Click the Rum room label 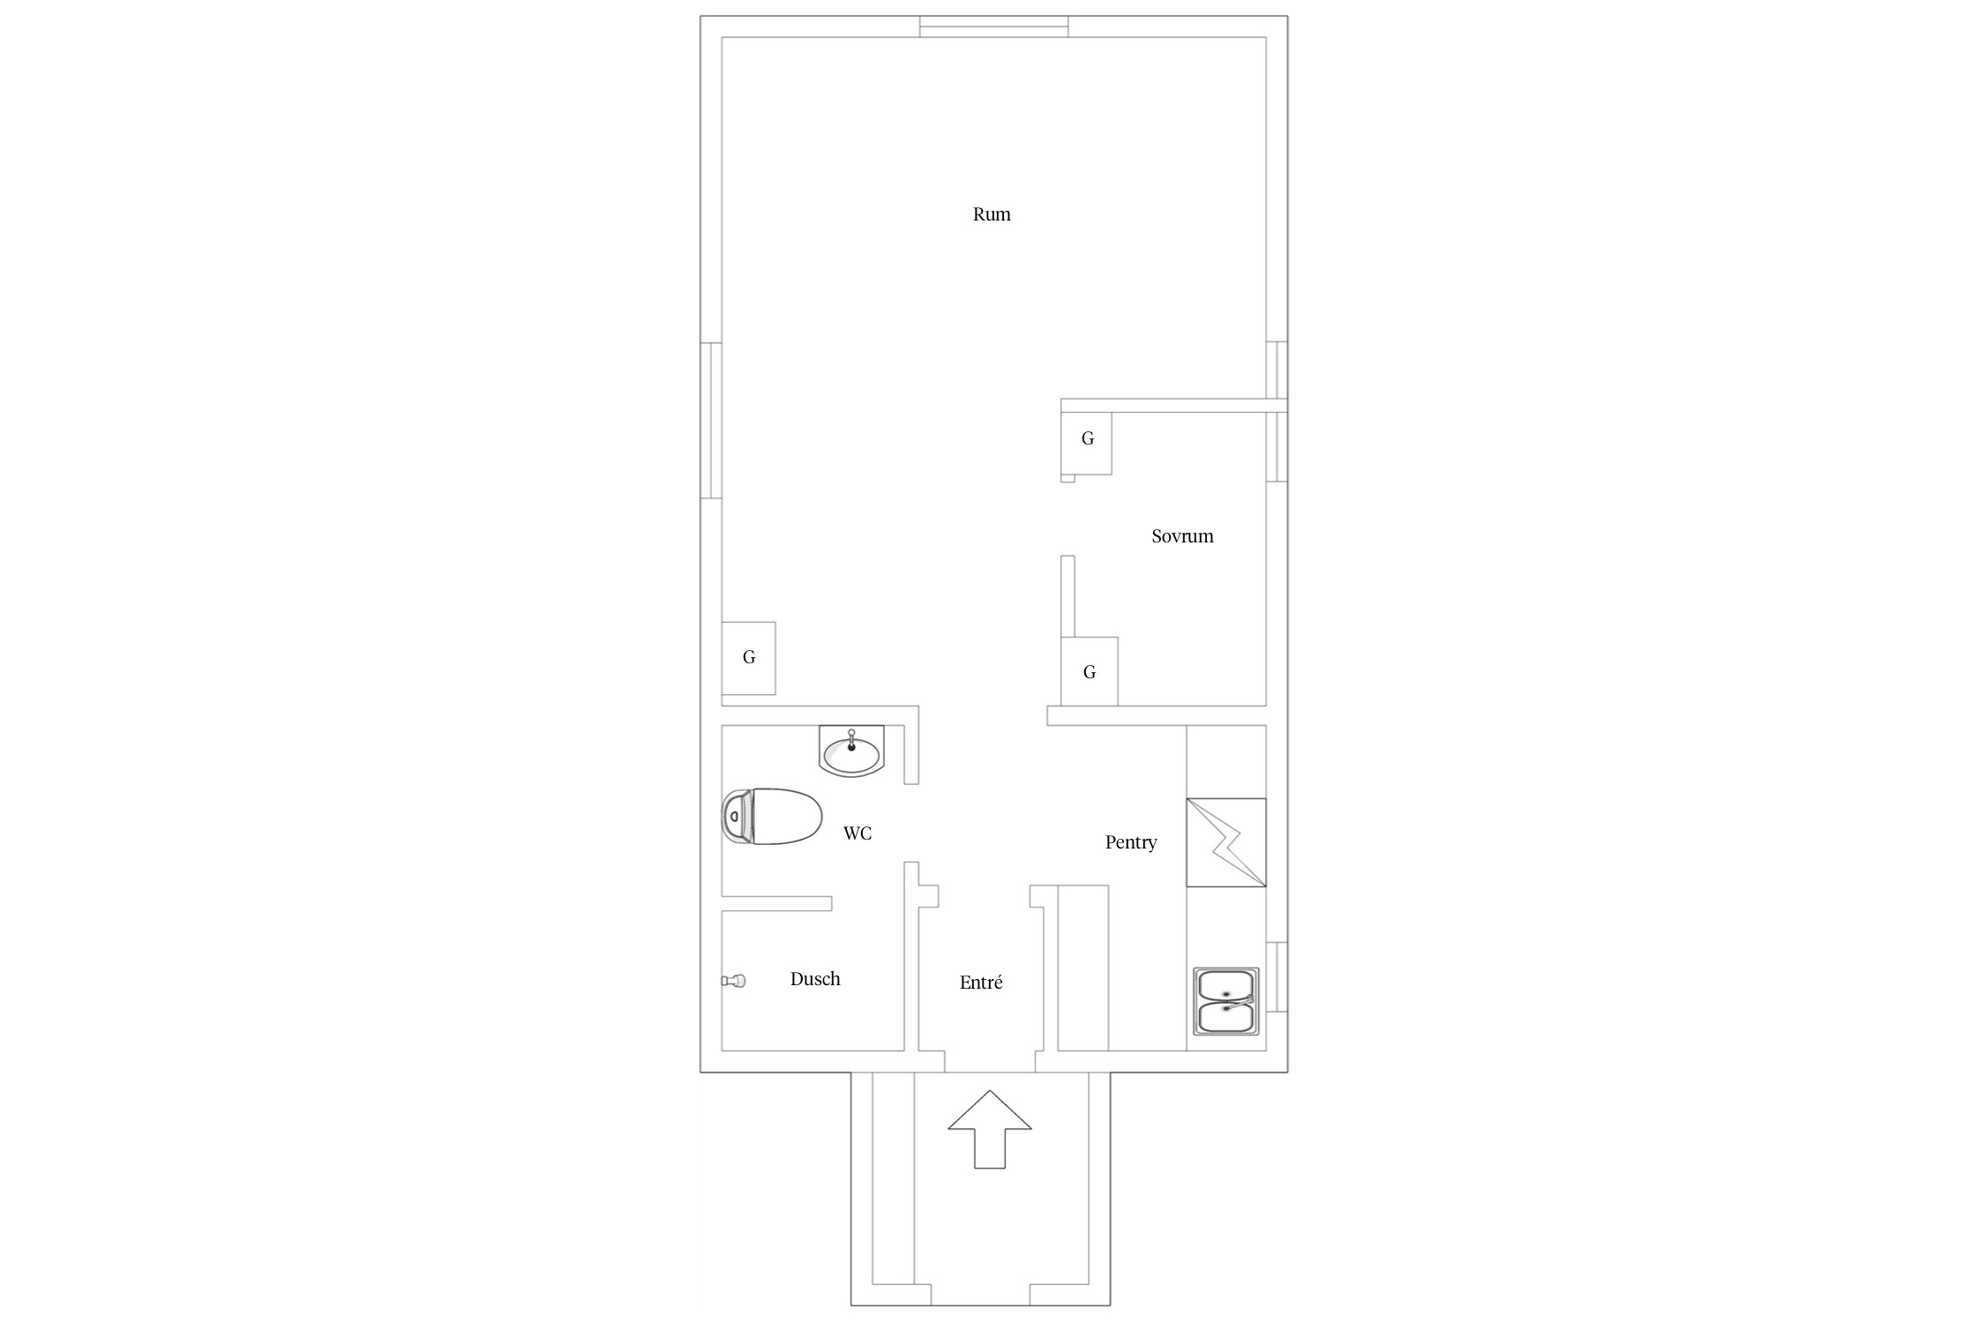pyautogui.click(x=992, y=214)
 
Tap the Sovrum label pyautogui.click(x=1182, y=536)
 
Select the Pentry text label pyautogui.click(x=1130, y=842)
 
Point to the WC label pyautogui.click(x=858, y=833)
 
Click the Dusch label pyautogui.click(x=815, y=979)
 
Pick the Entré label pyautogui.click(x=981, y=983)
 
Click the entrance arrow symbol pyautogui.click(x=990, y=1130)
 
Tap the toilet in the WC pyautogui.click(x=772, y=816)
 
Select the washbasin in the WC pyautogui.click(x=851, y=751)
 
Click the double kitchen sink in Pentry pyautogui.click(x=1226, y=1001)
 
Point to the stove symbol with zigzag pyautogui.click(x=1226, y=842)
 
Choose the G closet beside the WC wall pyautogui.click(x=749, y=658)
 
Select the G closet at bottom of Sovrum pyautogui.click(x=1090, y=672)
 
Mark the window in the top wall pyautogui.click(x=994, y=26)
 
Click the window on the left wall pyautogui.click(x=711, y=421)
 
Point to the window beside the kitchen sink pyautogui.click(x=1277, y=976)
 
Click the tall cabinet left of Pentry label pyautogui.click(x=1082, y=968)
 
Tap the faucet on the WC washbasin pyautogui.click(x=851, y=740)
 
